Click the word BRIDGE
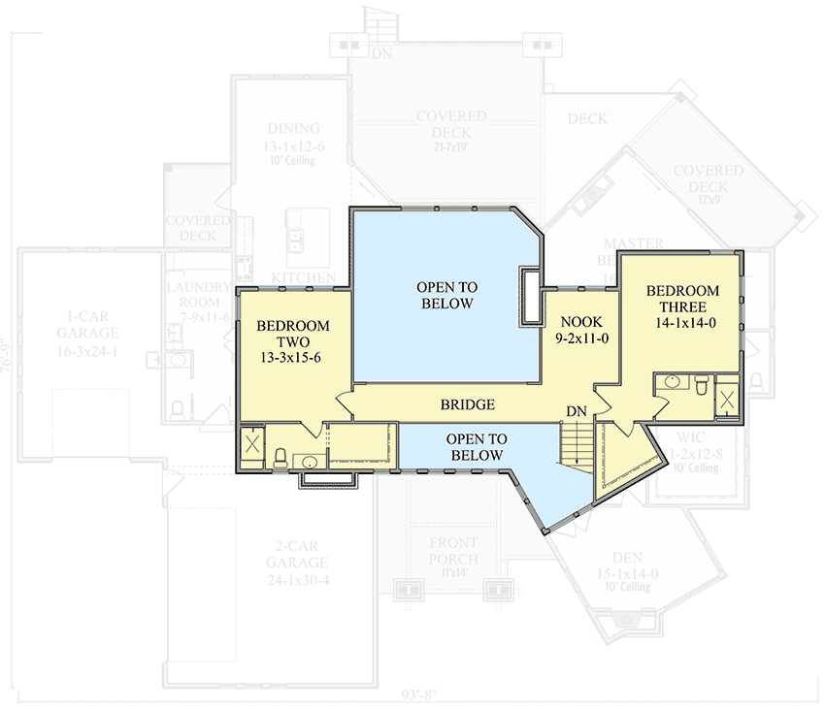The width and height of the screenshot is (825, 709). click(x=467, y=404)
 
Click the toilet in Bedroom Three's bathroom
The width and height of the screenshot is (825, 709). click(x=697, y=385)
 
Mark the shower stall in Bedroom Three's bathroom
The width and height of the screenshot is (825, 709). click(x=727, y=399)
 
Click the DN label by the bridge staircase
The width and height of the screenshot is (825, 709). click(x=577, y=413)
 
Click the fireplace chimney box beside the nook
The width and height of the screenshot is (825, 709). click(x=530, y=295)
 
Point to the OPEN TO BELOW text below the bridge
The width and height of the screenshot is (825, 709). click(x=475, y=447)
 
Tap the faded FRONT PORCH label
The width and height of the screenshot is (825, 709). click(x=452, y=552)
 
